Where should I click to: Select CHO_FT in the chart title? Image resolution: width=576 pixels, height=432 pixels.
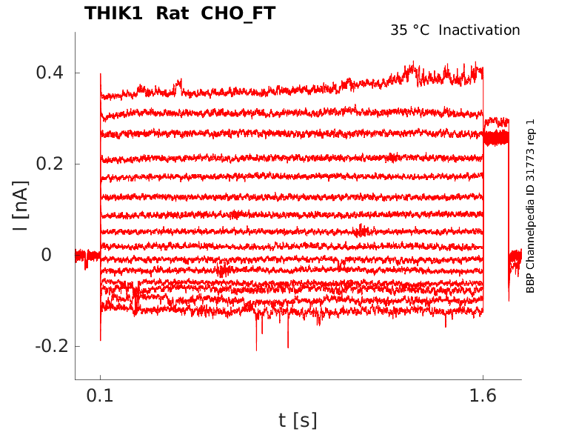(x=238, y=13)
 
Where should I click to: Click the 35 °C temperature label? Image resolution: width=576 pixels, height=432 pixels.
(x=409, y=30)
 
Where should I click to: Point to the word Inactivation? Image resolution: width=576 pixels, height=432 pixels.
(x=480, y=30)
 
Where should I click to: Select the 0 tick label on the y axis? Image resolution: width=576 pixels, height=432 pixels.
(x=45, y=255)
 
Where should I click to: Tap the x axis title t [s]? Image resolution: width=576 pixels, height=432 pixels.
(x=298, y=420)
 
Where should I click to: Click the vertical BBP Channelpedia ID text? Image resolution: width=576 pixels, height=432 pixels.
(x=530, y=222)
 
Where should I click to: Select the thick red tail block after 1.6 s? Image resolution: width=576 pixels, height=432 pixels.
(x=496, y=137)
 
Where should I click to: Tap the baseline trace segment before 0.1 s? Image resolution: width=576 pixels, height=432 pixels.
(x=87, y=256)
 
